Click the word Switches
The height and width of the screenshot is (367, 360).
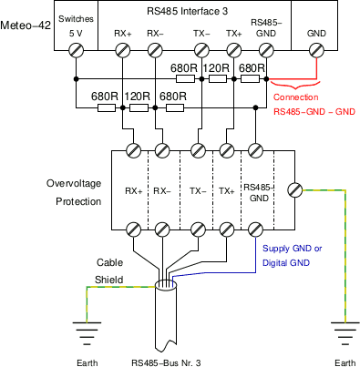(75, 18)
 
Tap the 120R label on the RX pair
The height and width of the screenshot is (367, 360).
(139, 96)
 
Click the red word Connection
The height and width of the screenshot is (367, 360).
(297, 97)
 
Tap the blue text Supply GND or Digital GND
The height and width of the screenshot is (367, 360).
(293, 255)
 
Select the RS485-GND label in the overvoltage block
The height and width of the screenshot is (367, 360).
(259, 191)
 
